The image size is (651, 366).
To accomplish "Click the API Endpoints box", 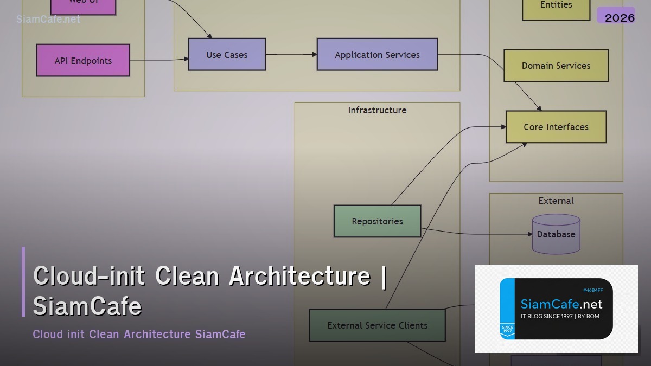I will point(83,60).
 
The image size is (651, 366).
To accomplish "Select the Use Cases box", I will point(227,54).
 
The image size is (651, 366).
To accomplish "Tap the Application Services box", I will point(377,54).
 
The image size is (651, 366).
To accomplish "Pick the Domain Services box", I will point(556,66).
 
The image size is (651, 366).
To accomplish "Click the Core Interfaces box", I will point(556,127).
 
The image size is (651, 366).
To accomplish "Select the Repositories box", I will point(377,221).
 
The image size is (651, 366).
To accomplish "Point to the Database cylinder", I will point(556,234).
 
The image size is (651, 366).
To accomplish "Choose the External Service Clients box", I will point(377,325).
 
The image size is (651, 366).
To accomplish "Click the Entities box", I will point(556,5).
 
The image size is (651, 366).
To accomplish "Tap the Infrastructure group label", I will point(377,110).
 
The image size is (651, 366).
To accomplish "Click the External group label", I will point(556,201).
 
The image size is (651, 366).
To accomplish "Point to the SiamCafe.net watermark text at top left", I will point(48,19).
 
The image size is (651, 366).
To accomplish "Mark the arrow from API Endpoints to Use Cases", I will point(159,60).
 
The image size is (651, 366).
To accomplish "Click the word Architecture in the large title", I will point(299,276).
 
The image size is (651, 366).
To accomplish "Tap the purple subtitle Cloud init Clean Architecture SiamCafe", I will point(139,334).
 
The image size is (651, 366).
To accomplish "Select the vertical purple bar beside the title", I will point(23,281).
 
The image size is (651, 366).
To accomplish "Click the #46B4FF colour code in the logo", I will point(592,290).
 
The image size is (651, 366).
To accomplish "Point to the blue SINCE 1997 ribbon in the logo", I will point(507,329).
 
